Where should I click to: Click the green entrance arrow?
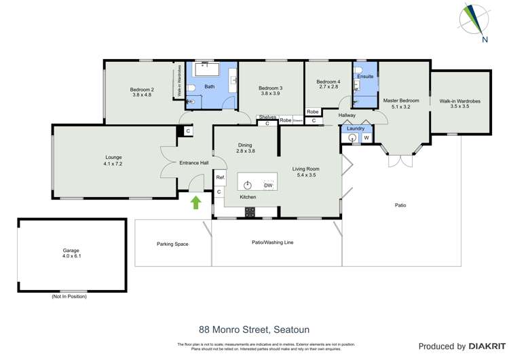[x=196, y=202]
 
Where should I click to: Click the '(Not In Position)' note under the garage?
[x=69, y=297]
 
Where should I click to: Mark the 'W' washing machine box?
[x=366, y=139]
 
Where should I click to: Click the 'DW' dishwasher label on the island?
[x=268, y=185]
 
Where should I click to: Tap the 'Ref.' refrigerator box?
[x=220, y=178]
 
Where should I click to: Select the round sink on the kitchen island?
[x=248, y=185]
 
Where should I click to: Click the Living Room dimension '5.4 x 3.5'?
[x=305, y=175]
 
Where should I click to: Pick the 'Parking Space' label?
[x=172, y=244]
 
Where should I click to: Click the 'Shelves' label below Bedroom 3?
[x=267, y=118]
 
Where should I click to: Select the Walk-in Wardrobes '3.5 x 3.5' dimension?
[x=459, y=107]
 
